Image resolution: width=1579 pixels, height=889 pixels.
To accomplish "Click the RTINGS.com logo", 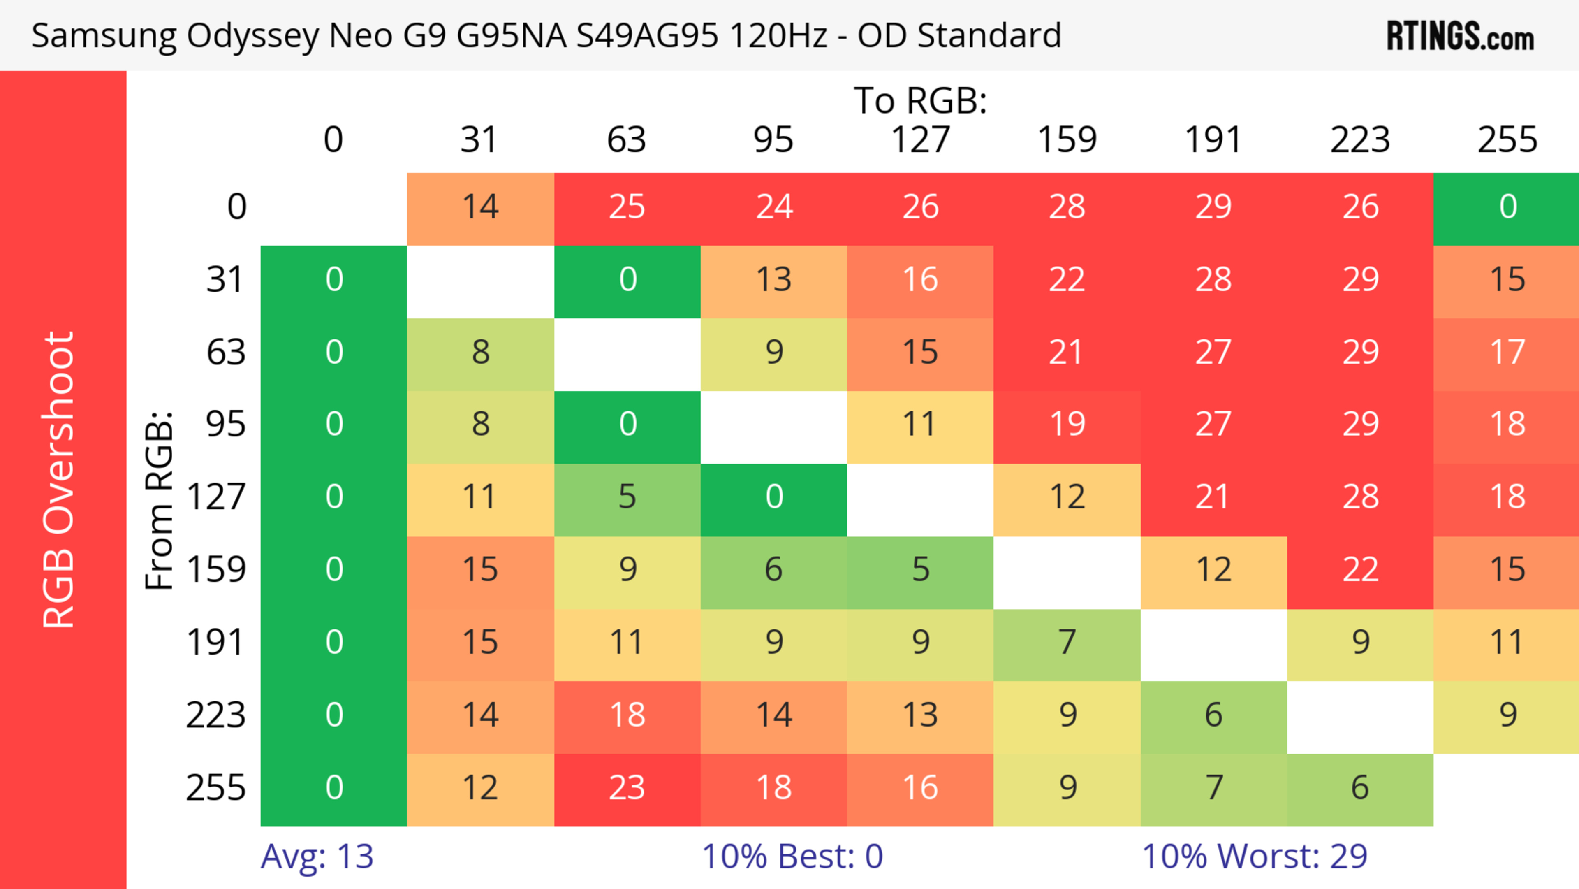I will click(1460, 35).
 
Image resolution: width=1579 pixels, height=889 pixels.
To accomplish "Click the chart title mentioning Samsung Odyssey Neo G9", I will click(546, 35).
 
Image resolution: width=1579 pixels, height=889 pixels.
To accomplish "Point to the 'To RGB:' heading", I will click(920, 100).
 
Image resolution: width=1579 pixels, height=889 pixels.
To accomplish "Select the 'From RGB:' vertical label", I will click(160, 500).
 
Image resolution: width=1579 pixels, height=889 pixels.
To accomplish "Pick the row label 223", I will click(216, 715).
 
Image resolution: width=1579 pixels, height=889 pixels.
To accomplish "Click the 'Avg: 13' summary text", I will click(317, 857).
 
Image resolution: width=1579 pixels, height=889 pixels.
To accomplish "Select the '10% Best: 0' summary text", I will click(792, 857).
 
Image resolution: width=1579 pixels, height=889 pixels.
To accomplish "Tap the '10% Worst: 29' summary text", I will click(1254, 857).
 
